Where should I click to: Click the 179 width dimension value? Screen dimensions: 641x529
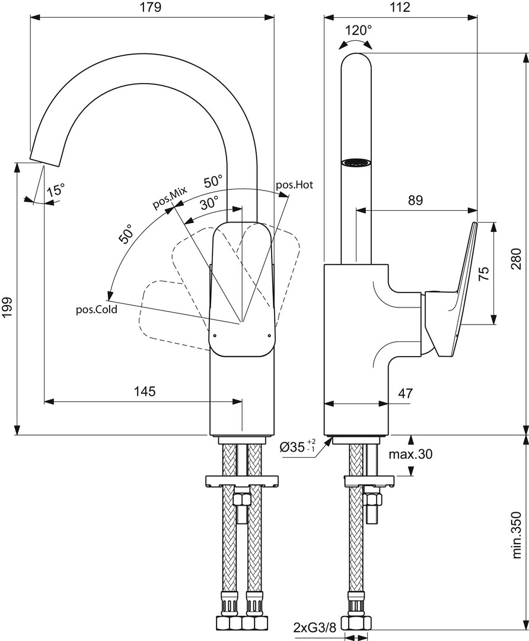[x=151, y=7]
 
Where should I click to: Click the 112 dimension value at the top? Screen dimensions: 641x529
[x=401, y=7]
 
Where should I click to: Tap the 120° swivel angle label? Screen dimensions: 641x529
[x=359, y=30]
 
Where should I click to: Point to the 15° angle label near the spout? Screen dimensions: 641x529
[x=56, y=190]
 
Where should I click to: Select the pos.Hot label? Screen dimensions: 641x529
[x=294, y=185]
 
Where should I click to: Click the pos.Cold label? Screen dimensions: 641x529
[x=96, y=309]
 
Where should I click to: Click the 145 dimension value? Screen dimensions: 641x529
[x=144, y=391]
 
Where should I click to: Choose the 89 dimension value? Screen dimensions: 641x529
[x=415, y=200]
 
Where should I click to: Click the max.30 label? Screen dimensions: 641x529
[x=410, y=455]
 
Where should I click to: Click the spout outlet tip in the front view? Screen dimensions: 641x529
[x=45, y=156]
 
